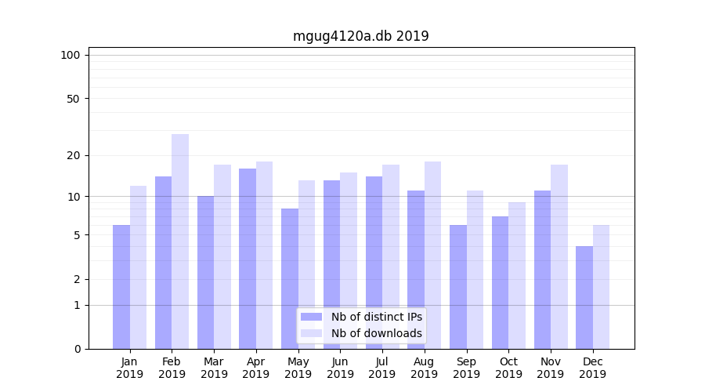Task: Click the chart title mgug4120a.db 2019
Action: (360, 36)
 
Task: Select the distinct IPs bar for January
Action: (121, 286)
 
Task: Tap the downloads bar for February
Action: (180, 241)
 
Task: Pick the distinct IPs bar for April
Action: (248, 259)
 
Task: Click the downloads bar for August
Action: (432, 255)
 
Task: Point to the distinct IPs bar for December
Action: (584, 297)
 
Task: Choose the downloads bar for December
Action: (601, 287)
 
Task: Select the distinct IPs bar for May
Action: (290, 278)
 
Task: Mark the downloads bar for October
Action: (517, 275)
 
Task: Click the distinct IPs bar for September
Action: (458, 286)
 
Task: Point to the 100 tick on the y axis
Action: (70, 55)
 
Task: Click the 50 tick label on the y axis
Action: (74, 99)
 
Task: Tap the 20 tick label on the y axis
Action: (74, 155)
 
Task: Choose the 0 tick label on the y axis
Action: (77, 349)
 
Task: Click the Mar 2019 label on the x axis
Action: (214, 368)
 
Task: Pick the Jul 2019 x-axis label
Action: (382, 368)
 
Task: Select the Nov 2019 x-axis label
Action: (551, 368)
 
